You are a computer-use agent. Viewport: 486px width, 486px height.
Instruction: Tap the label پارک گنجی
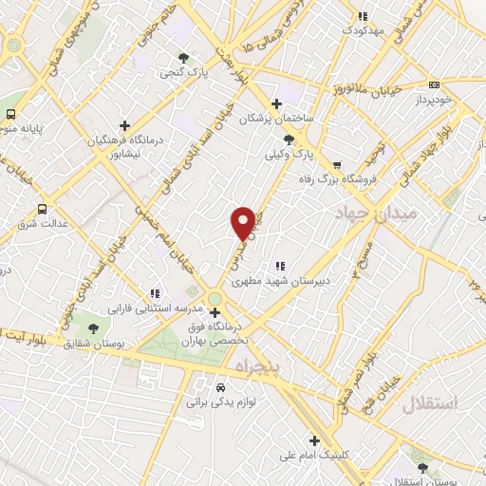(178, 71)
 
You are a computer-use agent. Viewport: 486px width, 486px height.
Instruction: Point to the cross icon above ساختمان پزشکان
(276, 103)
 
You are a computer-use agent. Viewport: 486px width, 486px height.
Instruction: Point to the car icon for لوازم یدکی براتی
(220, 387)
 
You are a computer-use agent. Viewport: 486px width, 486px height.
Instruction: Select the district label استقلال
(429, 404)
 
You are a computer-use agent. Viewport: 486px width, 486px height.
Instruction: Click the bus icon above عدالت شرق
(42, 209)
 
